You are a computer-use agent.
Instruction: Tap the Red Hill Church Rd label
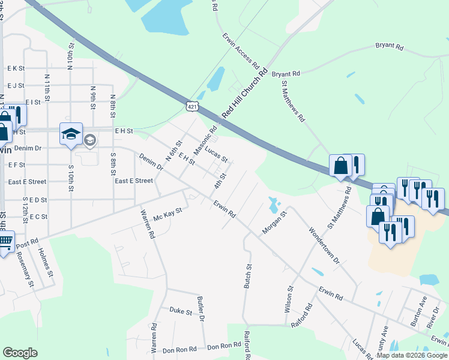244,95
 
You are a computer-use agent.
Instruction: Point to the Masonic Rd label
205,139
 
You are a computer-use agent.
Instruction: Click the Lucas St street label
216,154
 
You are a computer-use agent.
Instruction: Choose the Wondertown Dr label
324,245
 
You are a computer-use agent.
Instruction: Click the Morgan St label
275,221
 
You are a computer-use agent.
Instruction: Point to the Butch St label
247,276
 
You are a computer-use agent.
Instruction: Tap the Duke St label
180,311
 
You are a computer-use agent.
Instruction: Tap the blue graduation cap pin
71,134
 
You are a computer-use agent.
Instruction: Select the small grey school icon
89,140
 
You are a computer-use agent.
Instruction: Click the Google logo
20,353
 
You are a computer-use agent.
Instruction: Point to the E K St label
16,69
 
